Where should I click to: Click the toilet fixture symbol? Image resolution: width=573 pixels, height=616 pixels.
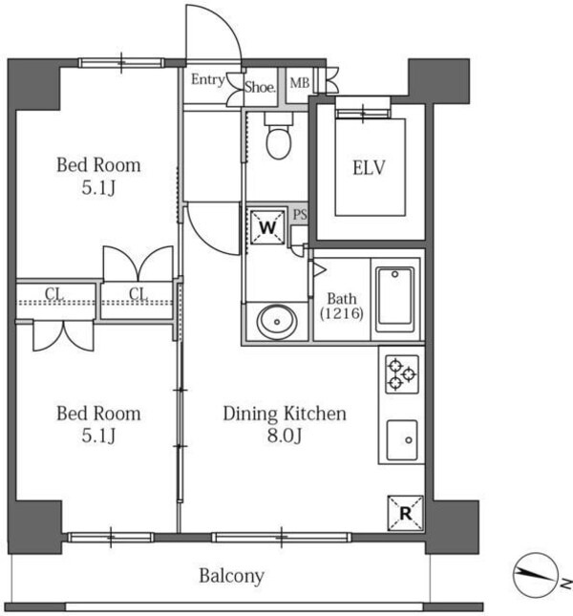coord(279,136)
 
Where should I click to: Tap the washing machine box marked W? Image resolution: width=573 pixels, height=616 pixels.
coord(267,227)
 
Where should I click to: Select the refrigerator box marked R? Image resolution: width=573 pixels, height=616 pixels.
coord(406,513)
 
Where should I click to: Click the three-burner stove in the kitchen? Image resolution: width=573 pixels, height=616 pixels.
coord(402,374)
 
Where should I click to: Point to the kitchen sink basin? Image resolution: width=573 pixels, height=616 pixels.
coord(402,440)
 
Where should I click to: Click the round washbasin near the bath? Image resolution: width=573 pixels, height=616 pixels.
coord(277,322)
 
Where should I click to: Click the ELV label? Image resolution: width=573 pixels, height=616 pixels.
coord(369,168)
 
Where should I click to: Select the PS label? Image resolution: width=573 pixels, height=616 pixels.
coord(300,215)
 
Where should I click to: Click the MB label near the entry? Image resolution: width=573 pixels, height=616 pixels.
coord(300,83)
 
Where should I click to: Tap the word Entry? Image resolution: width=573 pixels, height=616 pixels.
coord(208,80)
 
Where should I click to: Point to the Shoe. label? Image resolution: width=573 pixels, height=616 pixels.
coord(260,87)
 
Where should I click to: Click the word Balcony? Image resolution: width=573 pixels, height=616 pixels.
coord(231,576)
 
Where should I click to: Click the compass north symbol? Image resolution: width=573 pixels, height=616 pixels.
coord(536,574)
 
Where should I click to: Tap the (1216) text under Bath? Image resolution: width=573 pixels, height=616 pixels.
coord(342,313)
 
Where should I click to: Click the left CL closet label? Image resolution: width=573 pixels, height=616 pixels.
coord(54,294)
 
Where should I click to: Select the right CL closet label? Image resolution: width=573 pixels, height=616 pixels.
coord(138,293)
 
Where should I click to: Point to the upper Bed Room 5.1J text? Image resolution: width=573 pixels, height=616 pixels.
coord(98,176)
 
